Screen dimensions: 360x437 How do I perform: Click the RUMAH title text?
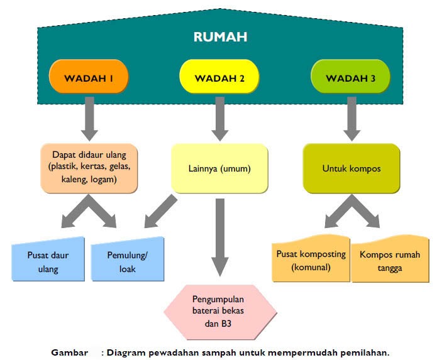point(219,36)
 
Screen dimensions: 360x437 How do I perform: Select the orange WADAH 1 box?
point(89,79)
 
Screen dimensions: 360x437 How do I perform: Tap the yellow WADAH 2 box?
point(219,79)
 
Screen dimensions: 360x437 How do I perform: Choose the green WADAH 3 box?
point(351,79)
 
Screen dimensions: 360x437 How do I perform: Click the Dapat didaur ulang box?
point(89,167)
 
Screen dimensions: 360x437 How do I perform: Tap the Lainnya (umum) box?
point(219,168)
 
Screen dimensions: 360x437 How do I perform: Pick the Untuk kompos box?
point(351,168)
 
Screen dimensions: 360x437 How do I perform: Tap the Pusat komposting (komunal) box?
point(311,259)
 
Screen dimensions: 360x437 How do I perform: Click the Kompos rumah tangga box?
point(389,259)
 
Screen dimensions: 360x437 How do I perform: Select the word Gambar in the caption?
point(69,352)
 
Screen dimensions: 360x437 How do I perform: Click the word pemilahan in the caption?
point(365,352)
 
